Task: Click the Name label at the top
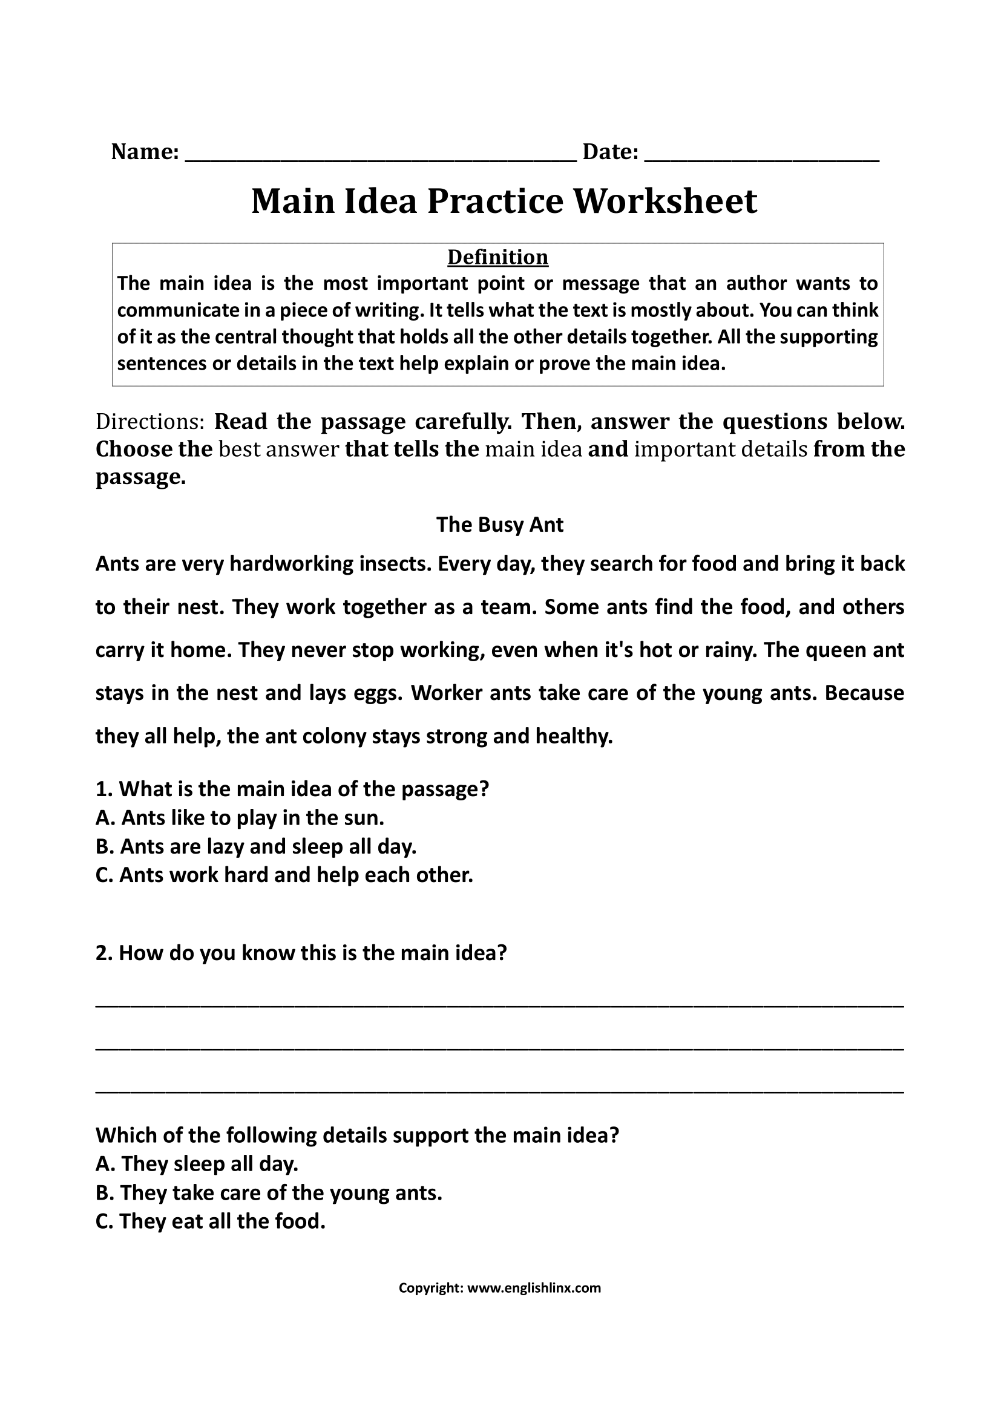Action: click(145, 152)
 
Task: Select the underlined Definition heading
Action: click(497, 257)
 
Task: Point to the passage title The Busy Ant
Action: click(499, 524)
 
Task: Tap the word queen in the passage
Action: click(835, 650)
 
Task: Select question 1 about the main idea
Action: click(292, 789)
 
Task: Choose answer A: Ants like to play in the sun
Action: click(240, 818)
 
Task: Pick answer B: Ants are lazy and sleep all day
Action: click(257, 846)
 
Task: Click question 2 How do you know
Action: click(301, 953)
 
